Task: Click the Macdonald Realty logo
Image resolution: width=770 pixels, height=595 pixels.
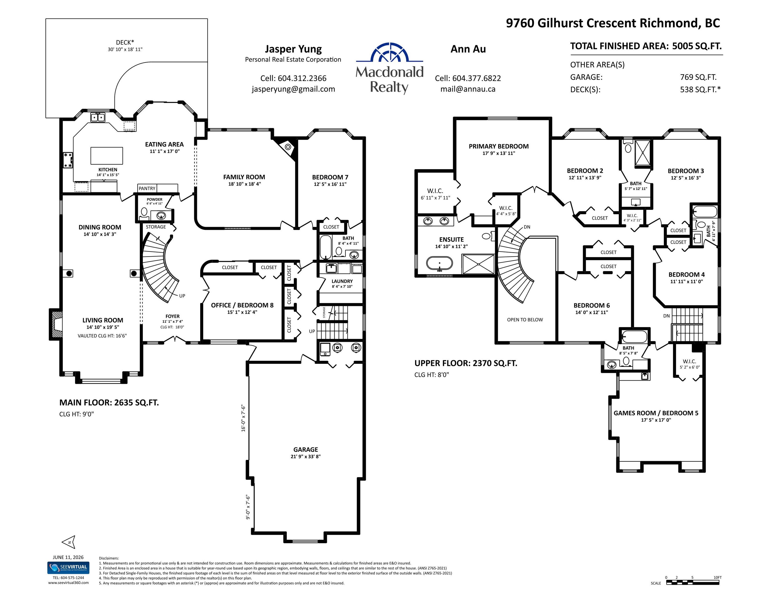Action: coord(389,68)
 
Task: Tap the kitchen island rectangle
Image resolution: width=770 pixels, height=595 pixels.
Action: coord(107,156)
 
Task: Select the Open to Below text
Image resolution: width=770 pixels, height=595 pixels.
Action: coord(525,320)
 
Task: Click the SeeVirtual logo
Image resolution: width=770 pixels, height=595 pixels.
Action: coord(68,568)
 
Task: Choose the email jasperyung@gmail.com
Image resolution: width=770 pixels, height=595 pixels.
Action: coord(293,89)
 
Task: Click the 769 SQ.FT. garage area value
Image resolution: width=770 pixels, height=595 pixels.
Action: coord(698,77)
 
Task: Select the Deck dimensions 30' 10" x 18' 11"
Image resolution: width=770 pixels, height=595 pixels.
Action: coord(125,49)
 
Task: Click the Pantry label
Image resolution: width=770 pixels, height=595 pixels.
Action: coord(147,189)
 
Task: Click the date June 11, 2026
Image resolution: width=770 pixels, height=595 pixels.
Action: coord(68,557)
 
